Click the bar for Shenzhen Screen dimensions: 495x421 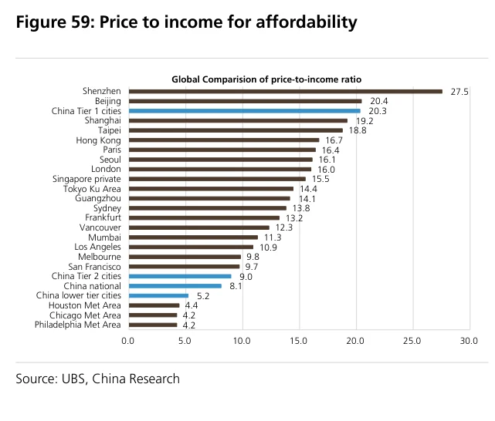[286, 92]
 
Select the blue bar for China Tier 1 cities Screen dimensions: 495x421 [244, 111]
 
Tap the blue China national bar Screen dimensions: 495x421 [175, 286]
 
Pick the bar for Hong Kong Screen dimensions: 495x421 [224, 140]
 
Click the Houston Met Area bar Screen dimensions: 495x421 [154, 305]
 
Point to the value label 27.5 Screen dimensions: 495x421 [459, 92]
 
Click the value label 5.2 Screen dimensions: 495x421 [203, 296]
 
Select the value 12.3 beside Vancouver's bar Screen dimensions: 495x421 [284, 227]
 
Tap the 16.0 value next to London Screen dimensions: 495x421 [326, 170]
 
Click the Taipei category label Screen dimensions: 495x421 [109, 130]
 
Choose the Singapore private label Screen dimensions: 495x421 [86, 179]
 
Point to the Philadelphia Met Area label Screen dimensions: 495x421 [78, 325]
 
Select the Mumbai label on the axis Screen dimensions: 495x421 [104, 237]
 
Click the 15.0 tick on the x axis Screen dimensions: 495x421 [299, 341]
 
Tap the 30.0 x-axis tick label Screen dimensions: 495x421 [469, 341]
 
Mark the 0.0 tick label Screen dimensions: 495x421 [128, 341]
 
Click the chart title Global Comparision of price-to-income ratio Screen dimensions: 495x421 [266, 79]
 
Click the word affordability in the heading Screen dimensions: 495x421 [307, 22]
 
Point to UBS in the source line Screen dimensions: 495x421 [74, 379]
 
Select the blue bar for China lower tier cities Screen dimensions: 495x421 [158, 296]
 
